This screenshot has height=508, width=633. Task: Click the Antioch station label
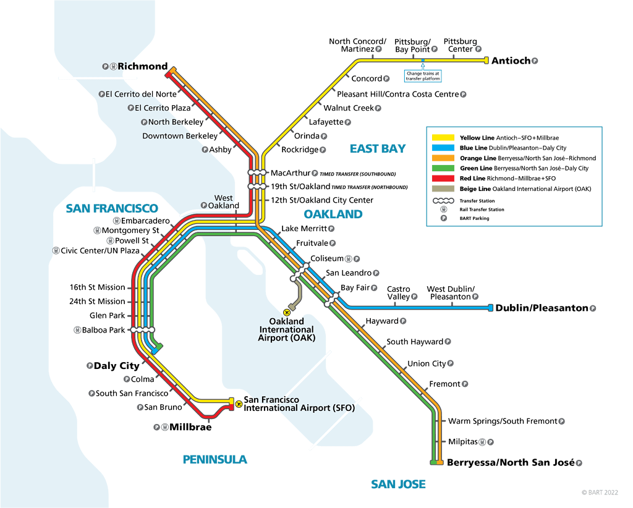coord(511,61)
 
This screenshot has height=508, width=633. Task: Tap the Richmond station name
coord(143,66)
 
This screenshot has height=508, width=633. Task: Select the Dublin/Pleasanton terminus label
coord(542,308)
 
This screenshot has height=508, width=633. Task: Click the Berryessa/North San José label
coord(511,462)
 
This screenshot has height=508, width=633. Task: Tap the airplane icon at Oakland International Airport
coord(287,313)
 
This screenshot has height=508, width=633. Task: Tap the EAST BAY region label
coord(377,148)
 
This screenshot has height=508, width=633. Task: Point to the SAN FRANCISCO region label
coord(112,208)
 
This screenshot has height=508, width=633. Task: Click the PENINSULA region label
coord(215,459)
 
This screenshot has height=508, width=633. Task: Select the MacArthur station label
coord(290,173)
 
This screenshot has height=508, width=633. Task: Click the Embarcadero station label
coord(145,221)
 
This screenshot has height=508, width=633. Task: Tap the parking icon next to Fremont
coord(465,384)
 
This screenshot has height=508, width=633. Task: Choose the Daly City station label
coord(116,366)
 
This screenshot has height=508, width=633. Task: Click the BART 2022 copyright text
coord(599,493)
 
